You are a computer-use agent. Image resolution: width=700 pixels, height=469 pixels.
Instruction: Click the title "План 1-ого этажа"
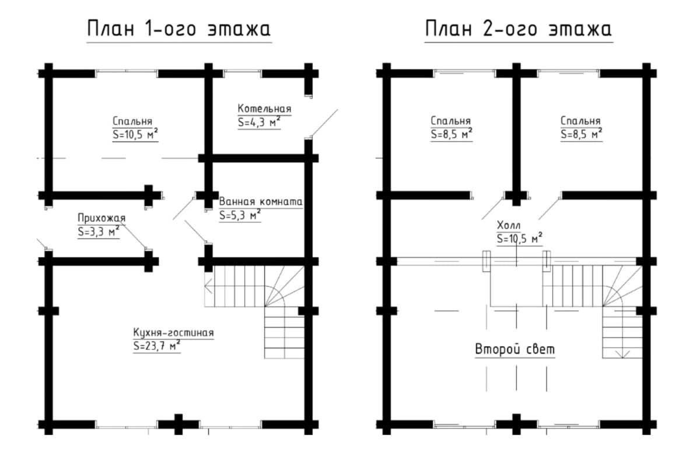[178, 29]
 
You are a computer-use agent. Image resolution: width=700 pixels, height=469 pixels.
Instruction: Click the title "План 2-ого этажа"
[519, 29]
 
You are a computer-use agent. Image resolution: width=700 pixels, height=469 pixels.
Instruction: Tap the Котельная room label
[264, 109]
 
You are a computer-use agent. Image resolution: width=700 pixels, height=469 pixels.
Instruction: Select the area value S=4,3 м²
[259, 122]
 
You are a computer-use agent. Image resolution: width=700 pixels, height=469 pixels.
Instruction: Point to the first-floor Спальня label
[132, 121]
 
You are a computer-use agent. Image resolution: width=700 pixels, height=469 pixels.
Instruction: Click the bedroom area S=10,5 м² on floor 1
[135, 134]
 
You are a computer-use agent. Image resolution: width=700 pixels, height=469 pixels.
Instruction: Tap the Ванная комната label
[261, 202]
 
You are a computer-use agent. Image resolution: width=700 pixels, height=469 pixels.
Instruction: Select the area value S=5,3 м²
[240, 215]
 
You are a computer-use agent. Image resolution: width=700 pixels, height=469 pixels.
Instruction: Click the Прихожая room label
[101, 218]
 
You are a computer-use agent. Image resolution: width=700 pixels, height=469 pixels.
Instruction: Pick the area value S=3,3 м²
[99, 231]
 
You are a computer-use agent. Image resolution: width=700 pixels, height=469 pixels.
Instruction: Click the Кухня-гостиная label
[173, 332]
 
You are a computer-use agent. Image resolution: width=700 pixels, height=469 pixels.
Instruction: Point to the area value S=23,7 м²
[157, 346]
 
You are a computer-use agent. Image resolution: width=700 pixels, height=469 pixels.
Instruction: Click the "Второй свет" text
[515, 349]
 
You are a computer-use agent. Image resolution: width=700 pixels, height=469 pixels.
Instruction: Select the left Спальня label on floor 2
[450, 120]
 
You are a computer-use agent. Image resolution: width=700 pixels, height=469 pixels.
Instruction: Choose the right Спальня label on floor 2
[580, 120]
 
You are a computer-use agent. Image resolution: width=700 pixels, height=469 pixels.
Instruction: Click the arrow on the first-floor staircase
[208, 286]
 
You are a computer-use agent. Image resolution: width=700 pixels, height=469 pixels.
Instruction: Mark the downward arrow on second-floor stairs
[622, 353]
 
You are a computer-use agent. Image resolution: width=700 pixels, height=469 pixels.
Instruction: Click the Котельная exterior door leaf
[325, 123]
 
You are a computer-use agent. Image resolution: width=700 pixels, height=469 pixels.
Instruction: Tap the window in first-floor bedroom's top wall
[127, 73]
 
